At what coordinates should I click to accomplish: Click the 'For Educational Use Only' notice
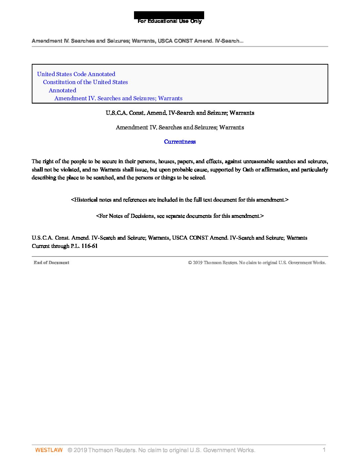[x=169, y=21]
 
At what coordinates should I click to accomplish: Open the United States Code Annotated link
[x=76, y=74]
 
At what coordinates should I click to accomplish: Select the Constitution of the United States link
[x=85, y=82]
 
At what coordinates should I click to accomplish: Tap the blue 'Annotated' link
[x=62, y=90]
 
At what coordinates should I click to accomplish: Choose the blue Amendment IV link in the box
[x=118, y=98]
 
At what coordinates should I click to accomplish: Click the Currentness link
[x=180, y=142]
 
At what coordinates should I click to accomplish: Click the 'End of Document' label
[x=51, y=262]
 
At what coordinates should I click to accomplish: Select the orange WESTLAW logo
[x=49, y=450]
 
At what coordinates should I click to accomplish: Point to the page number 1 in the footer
[x=324, y=449]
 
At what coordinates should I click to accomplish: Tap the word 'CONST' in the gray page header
[x=182, y=41]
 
